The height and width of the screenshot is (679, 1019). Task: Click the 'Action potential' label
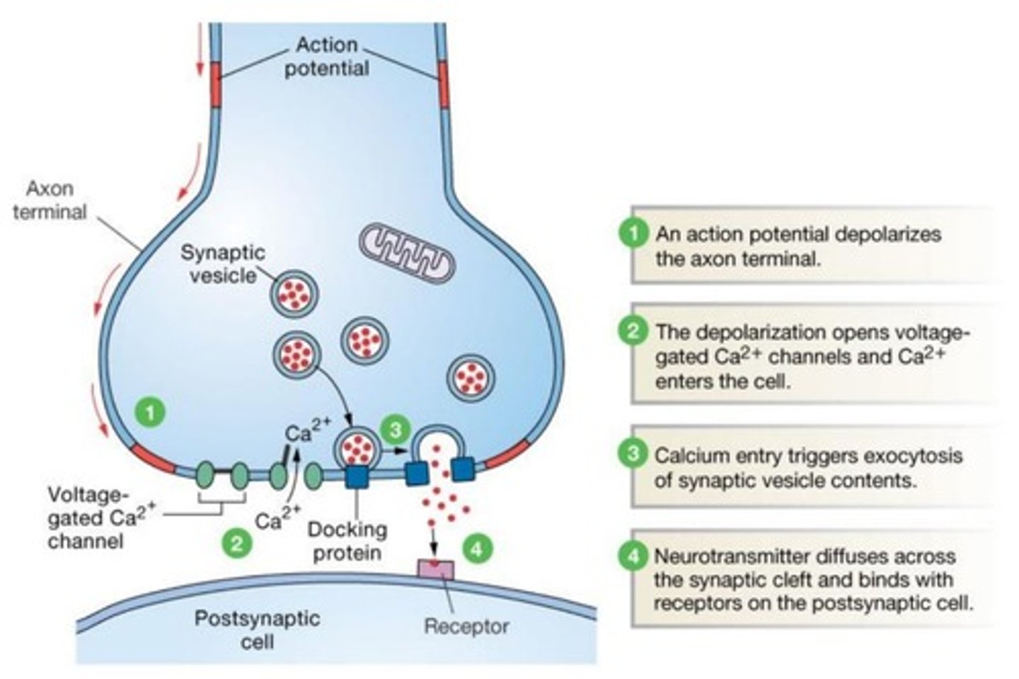point(326,57)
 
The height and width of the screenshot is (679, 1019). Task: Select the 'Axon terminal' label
point(50,200)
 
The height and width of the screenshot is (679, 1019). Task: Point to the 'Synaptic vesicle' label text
point(222,263)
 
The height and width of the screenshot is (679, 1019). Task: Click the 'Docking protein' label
point(347,540)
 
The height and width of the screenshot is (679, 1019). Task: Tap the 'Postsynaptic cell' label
point(257,629)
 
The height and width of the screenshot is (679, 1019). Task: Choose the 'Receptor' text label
point(466,627)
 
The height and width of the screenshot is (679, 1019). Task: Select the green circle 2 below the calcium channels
point(236,543)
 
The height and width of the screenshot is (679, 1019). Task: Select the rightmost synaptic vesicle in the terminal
point(471,378)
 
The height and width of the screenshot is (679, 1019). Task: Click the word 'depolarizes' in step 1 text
point(889,234)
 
